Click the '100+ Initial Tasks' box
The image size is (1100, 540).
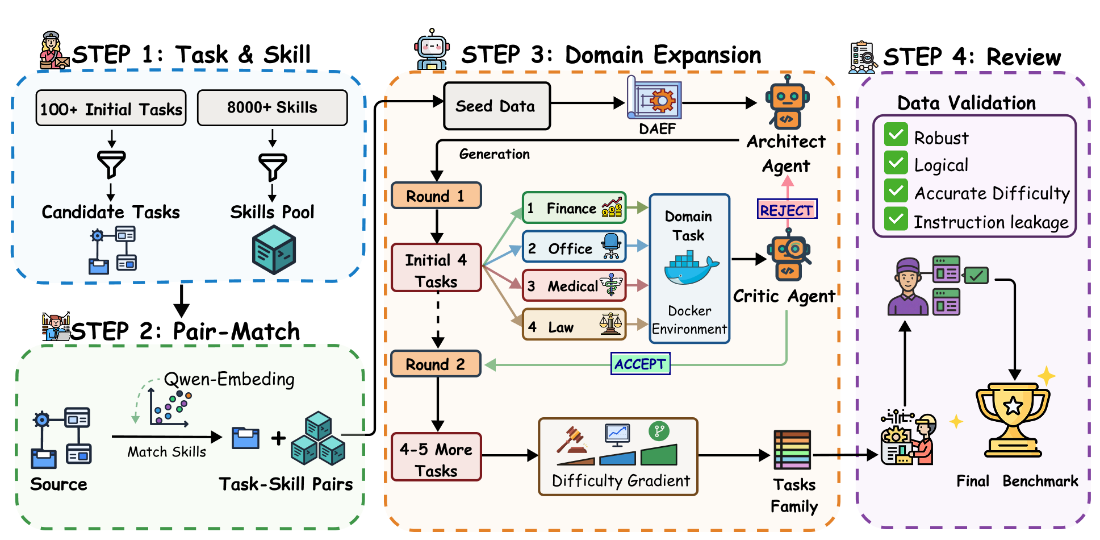(111, 108)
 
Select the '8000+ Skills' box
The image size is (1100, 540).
(272, 107)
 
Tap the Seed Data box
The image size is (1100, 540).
(496, 106)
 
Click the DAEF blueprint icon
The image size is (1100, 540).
(654, 99)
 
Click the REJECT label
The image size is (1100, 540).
(787, 210)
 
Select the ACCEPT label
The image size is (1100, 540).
(640, 364)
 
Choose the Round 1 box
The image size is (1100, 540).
(436, 196)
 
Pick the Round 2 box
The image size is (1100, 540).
(436, 364)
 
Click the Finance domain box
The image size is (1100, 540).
(574, 208)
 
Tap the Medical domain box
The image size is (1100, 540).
(574, 286)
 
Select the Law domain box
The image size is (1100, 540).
(574, 325)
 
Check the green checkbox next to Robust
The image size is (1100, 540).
(896, 135)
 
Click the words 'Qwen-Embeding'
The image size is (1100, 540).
(229, 379)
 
